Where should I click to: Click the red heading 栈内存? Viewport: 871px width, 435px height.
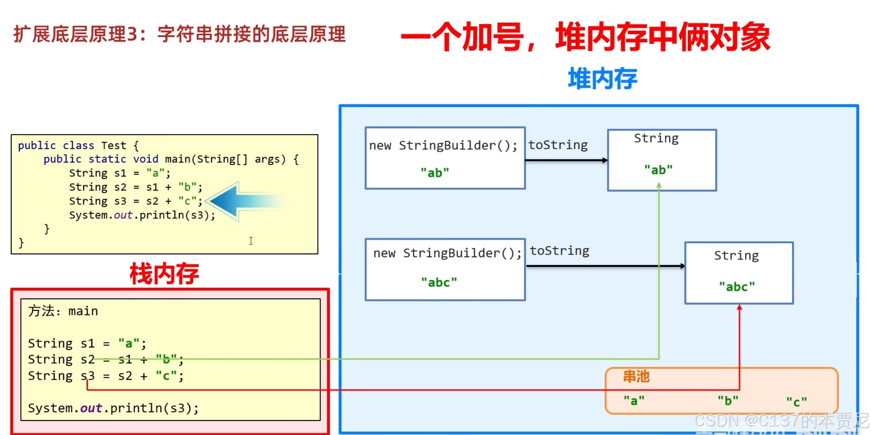[164, 274]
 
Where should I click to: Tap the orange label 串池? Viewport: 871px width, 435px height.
[636, 377]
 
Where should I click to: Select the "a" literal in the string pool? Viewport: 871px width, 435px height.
[634, 401]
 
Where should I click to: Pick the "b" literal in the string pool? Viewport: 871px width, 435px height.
[728, 401]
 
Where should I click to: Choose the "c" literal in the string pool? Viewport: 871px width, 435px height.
[796, 402]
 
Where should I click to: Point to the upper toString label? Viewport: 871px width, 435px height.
[558, 145]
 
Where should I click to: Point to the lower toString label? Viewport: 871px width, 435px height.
[560, 251]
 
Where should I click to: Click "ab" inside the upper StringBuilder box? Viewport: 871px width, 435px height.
[435, 173]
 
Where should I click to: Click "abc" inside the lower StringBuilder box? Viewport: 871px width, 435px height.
[439, 282]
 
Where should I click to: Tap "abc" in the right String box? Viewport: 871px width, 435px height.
[737, 287]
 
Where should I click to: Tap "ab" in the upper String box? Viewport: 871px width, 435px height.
[658, 170]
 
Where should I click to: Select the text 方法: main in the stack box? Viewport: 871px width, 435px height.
[63, 311]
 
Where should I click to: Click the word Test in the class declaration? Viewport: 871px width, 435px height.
[114, 146]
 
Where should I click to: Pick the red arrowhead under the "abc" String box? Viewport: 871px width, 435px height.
[740, 308]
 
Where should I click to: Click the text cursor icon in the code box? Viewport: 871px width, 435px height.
[251, 241]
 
